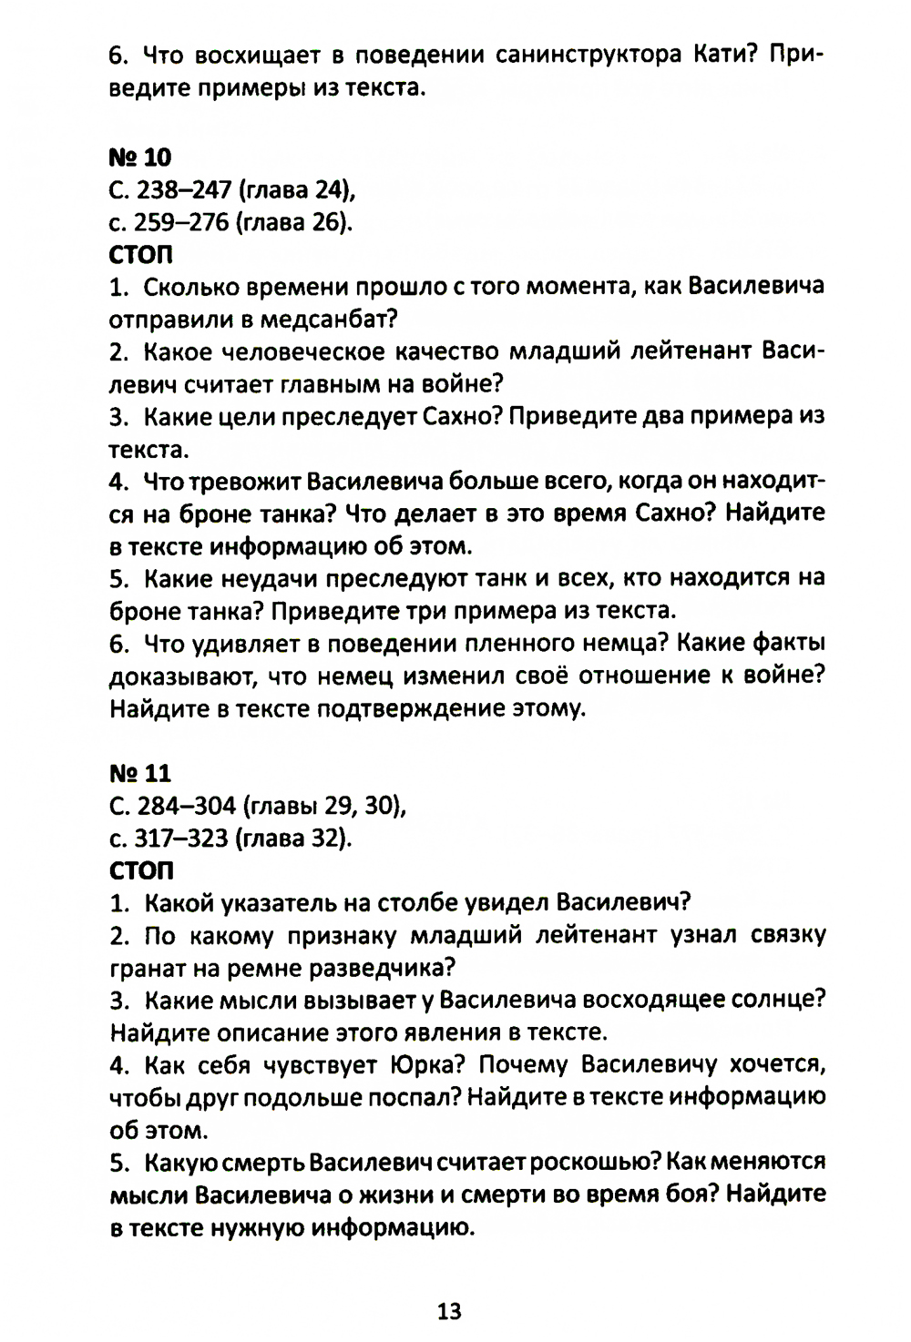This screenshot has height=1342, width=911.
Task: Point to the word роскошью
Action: [x=595, y=1163]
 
